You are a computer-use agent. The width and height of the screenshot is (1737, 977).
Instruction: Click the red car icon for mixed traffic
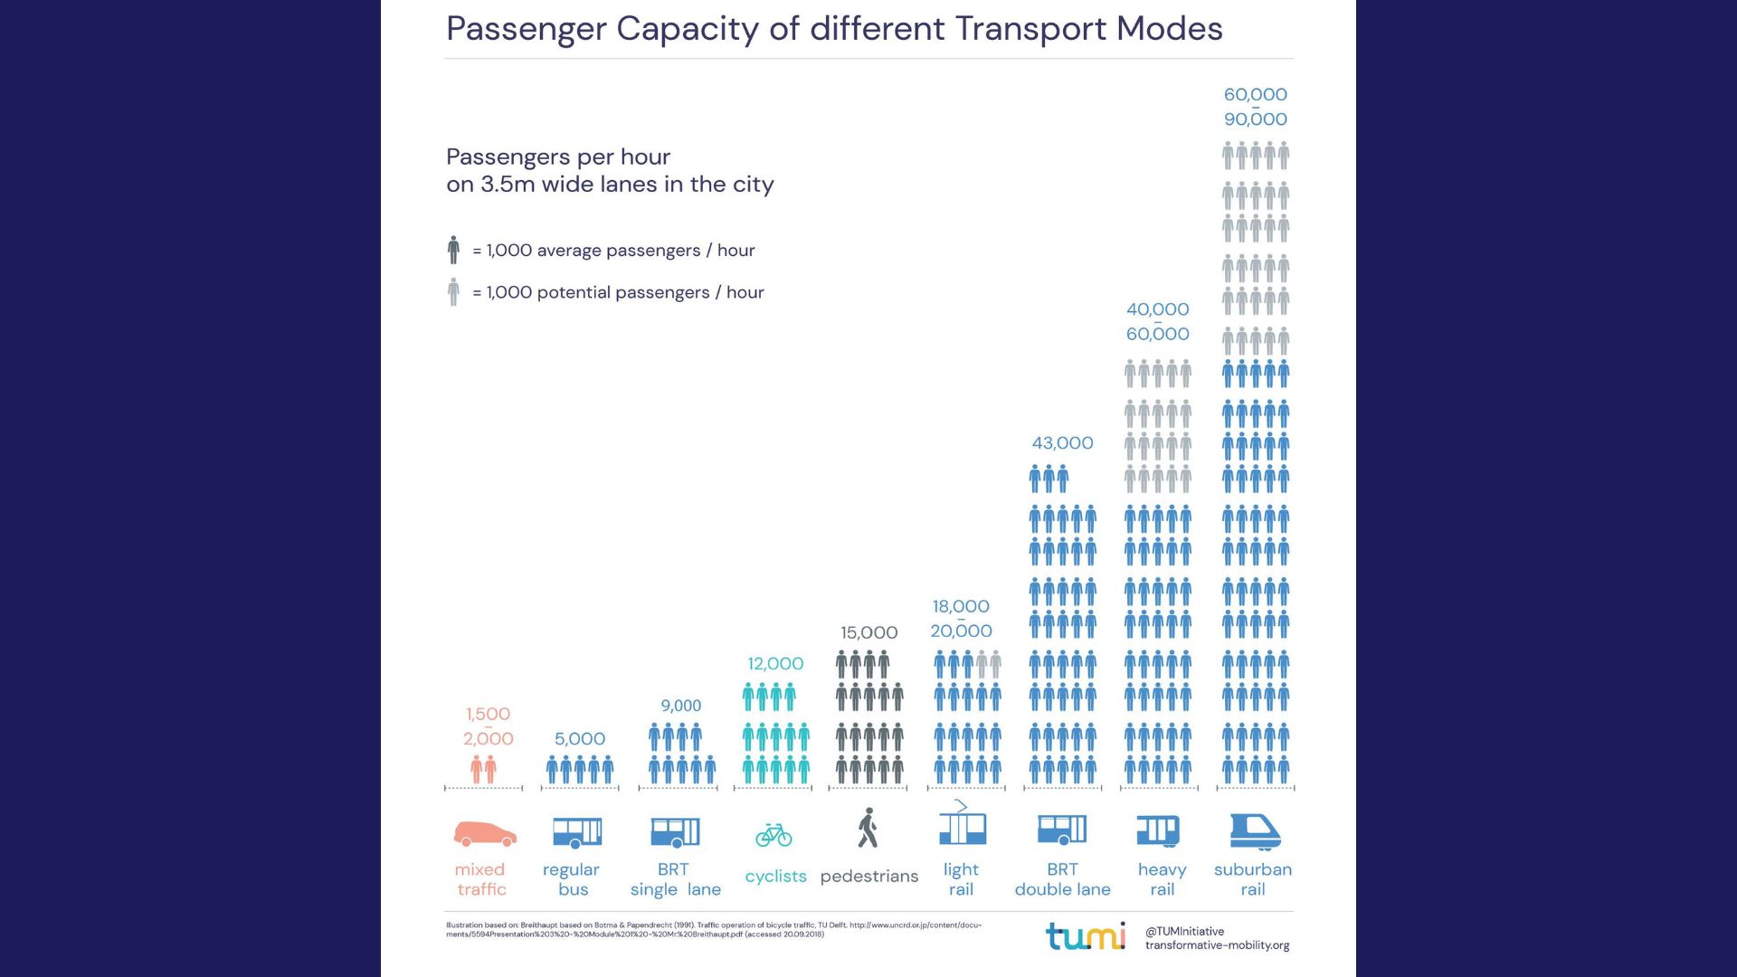[x=485, y=833]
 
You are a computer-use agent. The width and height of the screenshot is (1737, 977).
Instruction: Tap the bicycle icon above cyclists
[x=774, y=834]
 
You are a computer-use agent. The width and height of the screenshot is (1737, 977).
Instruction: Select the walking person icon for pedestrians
[x=868, y=828]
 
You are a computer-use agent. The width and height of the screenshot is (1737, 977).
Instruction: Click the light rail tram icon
[x=962, y=825]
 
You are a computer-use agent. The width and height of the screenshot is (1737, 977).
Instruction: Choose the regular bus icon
[x=577, y=832]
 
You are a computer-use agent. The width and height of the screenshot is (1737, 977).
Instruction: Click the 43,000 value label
[x=1062, y=443]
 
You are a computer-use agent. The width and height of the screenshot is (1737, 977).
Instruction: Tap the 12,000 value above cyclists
[x=775, y=664]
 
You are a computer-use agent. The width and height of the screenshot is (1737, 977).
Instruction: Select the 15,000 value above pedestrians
[x=868, y=633]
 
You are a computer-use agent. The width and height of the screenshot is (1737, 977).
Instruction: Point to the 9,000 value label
[x=680, y=706]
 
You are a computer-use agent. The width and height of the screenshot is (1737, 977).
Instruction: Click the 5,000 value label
[x=580, y=739]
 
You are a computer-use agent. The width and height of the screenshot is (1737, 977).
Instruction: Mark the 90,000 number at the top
[x=1255, y=119]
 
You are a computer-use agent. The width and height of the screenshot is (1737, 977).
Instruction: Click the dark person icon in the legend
[x=453, y=250]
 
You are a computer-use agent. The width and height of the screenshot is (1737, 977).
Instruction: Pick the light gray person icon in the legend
[x=453, y=292]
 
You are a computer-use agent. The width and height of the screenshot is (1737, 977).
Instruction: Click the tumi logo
[x=1086, y=936]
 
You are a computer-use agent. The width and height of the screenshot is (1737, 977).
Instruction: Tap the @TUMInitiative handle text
[x=1184, y=931]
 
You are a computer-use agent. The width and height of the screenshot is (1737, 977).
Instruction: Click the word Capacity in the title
[x=688, y=29]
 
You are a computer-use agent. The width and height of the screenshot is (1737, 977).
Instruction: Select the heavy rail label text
[x=1162, y=879]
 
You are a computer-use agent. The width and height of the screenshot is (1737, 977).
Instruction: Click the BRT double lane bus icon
[x=1062, y=830]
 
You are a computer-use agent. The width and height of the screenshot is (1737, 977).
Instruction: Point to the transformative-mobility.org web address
[x=1217, y=945]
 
